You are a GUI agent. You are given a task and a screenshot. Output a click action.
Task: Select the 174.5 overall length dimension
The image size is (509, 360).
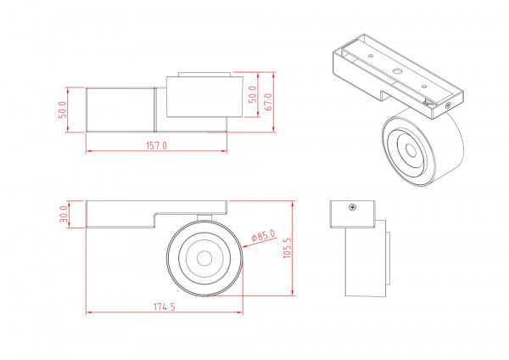click(x=164, y=307)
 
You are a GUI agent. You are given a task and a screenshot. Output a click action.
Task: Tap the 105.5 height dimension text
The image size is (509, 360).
click(x=288, y=249)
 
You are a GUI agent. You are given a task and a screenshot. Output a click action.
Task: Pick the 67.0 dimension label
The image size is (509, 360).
click(x=268, y=103)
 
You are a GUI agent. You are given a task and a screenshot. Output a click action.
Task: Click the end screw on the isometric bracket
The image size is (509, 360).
click(x=448, y=104)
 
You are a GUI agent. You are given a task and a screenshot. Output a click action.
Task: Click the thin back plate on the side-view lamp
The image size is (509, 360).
click(x=385, y=252)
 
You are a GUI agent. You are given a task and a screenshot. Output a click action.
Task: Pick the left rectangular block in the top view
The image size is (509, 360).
click(x=120, y=110)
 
